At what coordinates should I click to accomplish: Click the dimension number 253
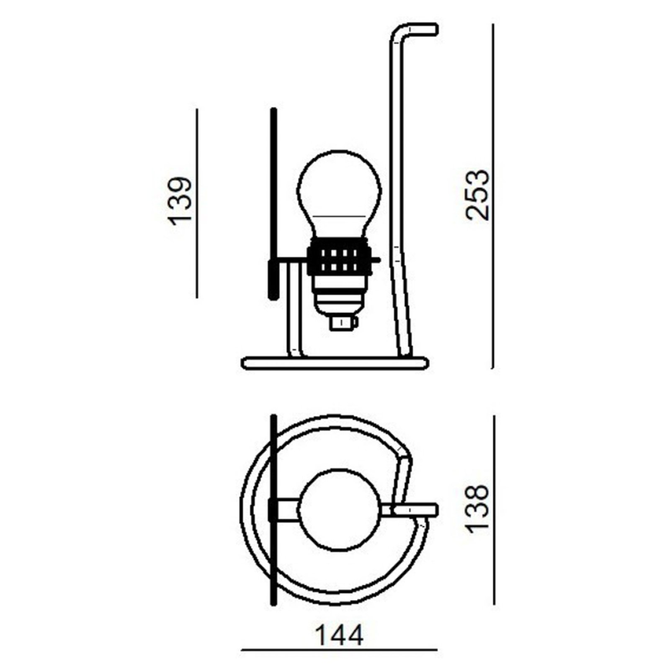click(477, 195)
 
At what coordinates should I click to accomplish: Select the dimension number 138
click(477, 509)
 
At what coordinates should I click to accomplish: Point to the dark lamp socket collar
click(339, 256)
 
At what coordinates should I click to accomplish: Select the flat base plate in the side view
click(335, 363)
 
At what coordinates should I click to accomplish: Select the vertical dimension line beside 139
click(197, 203)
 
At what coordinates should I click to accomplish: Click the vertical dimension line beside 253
click(493, 197)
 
